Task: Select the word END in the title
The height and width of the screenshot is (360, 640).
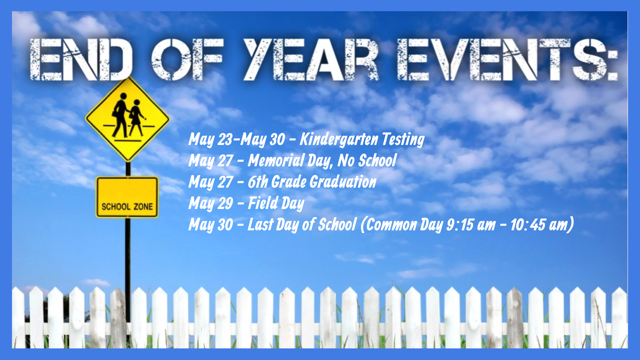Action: point(81,60)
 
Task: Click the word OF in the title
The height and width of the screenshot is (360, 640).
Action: point(187,60)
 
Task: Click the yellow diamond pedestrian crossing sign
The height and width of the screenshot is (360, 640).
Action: point(128,119)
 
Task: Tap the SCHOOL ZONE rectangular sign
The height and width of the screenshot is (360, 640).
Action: point(127,197)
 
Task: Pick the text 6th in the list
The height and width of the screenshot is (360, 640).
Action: point(258,182)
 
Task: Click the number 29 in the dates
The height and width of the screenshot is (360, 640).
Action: point(225,204)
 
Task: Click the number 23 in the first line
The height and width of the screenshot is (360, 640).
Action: point(225,139)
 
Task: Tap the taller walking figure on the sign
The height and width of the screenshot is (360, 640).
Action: point(120,115)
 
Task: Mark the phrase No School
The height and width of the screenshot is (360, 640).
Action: point(367,161)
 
